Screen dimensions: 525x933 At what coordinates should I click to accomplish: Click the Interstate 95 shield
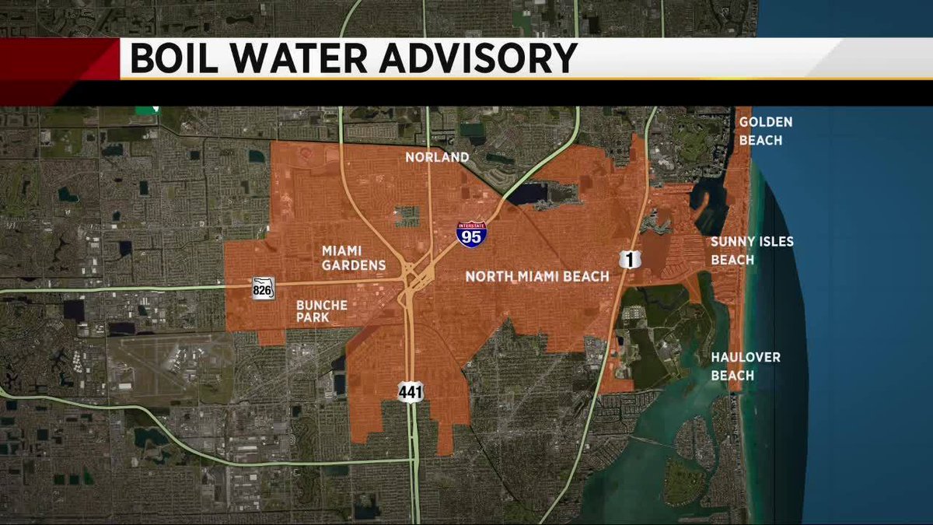(472, 233)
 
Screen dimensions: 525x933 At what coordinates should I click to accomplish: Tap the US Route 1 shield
(630, 259)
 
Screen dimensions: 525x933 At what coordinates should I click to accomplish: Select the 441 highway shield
(411, 391)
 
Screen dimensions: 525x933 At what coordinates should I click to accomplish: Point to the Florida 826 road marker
(262, 289)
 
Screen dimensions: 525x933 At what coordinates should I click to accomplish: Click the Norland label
(437, 158)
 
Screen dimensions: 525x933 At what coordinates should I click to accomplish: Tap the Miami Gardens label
(354, 257)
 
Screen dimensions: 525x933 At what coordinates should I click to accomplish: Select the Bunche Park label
(321, 311)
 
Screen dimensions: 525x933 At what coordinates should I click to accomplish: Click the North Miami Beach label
(530, 276)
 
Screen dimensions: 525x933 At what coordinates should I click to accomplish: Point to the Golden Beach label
(754, 131)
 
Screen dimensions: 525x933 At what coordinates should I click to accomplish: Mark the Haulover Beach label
(745, 366)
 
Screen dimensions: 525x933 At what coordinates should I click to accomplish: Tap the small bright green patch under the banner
(145, 110)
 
